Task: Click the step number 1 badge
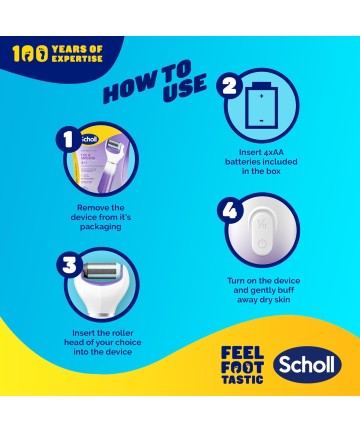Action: point(68,139)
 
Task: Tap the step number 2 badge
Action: point(229,86)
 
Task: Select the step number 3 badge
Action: point(69,266)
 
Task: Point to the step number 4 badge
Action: point(230,211)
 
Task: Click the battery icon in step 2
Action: point(261,105)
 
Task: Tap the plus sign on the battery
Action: point(261,96)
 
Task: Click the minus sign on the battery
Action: point(261,120)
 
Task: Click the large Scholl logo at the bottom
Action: point(307,365)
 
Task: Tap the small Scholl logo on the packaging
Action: point(89,139)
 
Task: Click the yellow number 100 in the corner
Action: point(30,54)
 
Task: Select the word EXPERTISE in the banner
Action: point(77,58)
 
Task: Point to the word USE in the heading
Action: point(184,87)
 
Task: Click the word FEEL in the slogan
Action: point(242,353)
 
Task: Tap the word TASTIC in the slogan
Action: point(242,379)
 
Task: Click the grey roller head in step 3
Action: point(100,271)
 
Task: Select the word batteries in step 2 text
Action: point(243,162)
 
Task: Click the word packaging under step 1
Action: point(100,227)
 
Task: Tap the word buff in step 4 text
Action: point(286,290)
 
